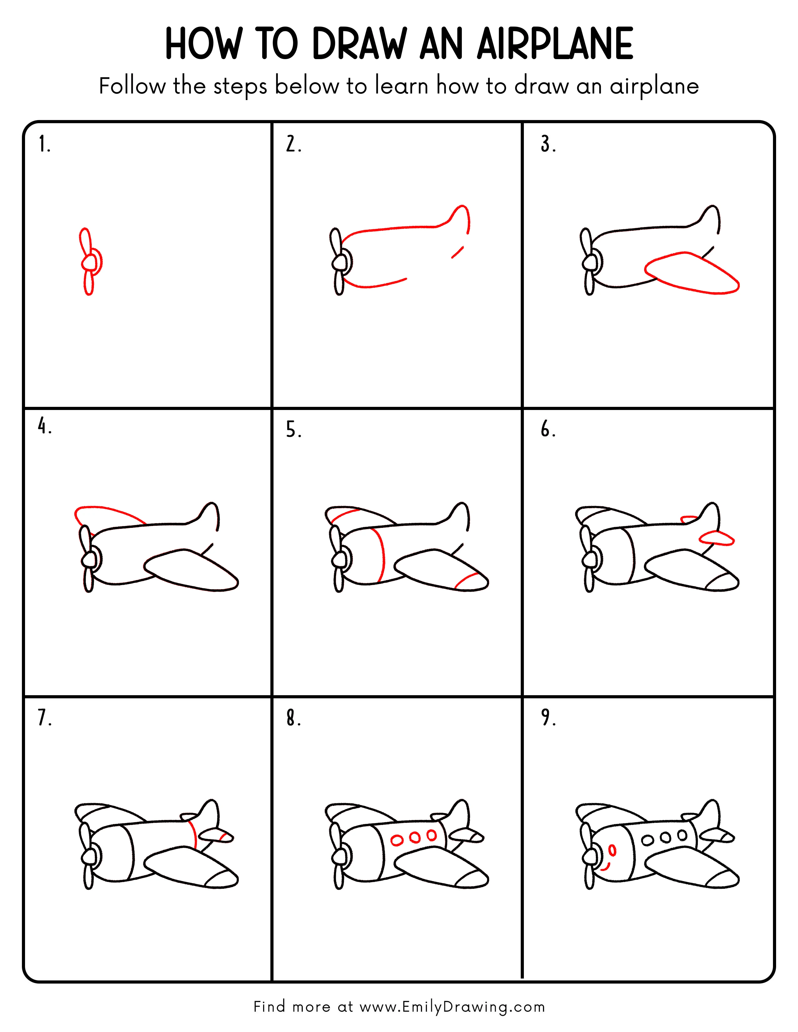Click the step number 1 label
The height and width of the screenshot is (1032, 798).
click(44, 144)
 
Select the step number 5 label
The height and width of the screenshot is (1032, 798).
click(293, 430)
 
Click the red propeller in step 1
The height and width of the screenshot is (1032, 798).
click(89, 261)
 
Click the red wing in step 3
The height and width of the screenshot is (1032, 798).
click(690, 274)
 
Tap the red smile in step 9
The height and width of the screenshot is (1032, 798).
click(606, 868)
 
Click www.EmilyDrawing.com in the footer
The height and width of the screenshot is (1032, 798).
click(452, 1007)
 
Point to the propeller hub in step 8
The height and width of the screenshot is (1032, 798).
click(339, 856)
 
